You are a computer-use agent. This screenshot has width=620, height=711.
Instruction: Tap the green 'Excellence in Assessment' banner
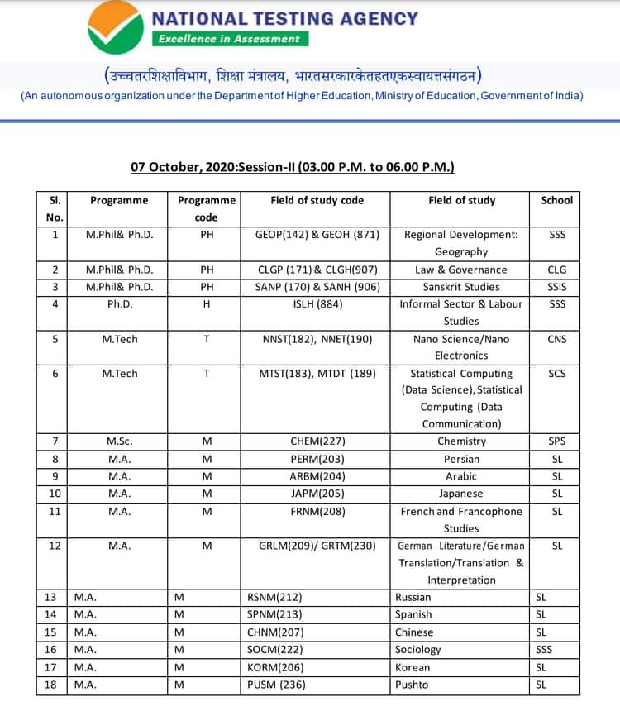point(231,39)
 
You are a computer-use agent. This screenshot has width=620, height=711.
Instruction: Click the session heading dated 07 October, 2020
point(293,167)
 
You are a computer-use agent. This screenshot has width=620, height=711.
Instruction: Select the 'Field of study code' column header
point(317,200)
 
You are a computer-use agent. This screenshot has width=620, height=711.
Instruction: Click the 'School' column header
point(556,200)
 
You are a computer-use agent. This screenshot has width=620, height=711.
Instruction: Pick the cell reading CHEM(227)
point(317,441)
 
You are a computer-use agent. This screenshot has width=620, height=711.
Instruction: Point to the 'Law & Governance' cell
point(460,270)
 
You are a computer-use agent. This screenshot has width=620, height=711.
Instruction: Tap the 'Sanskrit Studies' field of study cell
point(460,287)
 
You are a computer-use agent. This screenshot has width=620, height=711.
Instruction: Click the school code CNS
point(556,339)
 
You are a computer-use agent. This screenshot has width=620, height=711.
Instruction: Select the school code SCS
point(556,374)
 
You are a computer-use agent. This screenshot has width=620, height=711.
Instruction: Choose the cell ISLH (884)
point(317,304)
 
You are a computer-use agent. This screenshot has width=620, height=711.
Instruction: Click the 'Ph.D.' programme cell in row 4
point(120,304)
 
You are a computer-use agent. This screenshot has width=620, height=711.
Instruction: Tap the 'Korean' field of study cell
point(413,667)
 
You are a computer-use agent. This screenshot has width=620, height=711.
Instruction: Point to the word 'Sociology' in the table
point(418,650)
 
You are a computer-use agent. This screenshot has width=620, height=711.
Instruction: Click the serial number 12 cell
point(55,546)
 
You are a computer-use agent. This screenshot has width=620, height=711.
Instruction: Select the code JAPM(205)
point(317,494)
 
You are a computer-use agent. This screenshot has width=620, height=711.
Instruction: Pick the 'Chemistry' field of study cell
point(460,441)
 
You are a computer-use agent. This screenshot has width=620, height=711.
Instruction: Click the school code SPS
point(556,441)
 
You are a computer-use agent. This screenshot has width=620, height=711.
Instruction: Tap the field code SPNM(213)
point(274,614)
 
